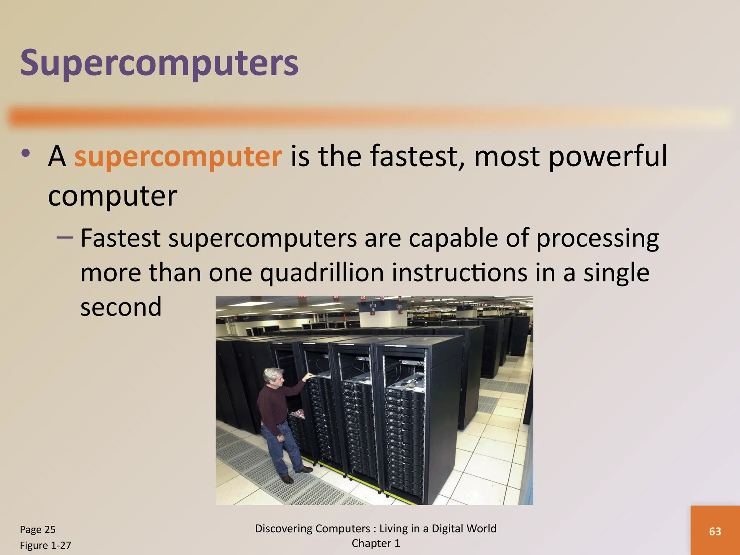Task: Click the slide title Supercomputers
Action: pyautogui.click(x=159, y=64)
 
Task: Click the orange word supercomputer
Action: pyautogui.click(x=178, y=157)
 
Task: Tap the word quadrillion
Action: pyautogui.click(x=322, y=274)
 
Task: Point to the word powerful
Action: pyautogui.click(x=607, y=157)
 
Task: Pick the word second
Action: pyautogui.click(x=121, y=307)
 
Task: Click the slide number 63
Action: pyautogui.click(x=715, y=531)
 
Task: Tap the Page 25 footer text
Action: pyautogui.click(x=38, y=529)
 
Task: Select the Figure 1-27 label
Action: pyautogui.click(x=46, y=545)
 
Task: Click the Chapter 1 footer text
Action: pyautogui.click(x=376, y=543)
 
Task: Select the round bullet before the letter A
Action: pyautogui.click(x=25, y=153)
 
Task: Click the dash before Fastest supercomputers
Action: pyautogui.click(x=65, y=237)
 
